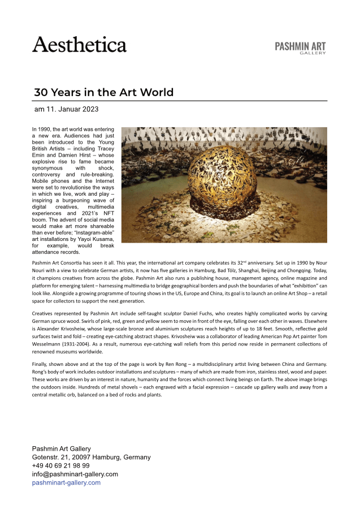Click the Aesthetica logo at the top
[79, 44]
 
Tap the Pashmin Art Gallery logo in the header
[300, 48]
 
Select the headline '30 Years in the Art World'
[103, 92]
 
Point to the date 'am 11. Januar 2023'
[66, 109]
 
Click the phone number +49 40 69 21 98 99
[61, 465]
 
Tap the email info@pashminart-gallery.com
[75, 474]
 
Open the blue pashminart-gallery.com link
[66, 482]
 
